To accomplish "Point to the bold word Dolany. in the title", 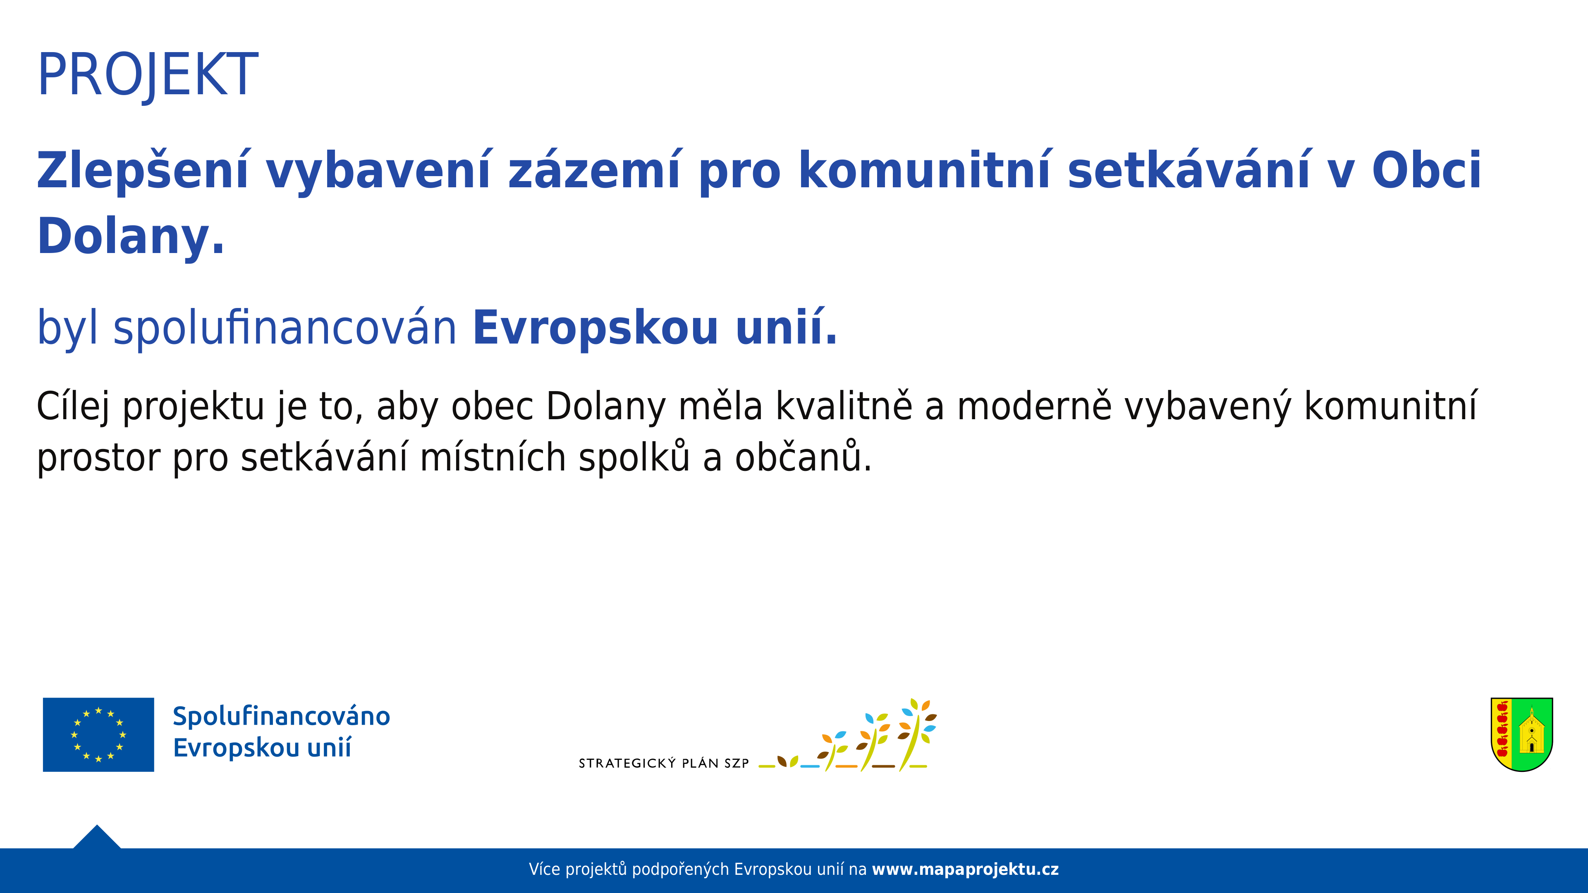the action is tap(131, 236).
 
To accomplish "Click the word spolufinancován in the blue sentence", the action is tap(285, 328).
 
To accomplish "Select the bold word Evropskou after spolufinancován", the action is tap(595, 328).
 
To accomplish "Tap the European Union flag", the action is tap(99, 735).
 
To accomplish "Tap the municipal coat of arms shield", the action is tap(1522, 734).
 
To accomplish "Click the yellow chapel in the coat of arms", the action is tap(1532, 731).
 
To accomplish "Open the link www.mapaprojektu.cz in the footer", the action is tap(965, 869).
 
